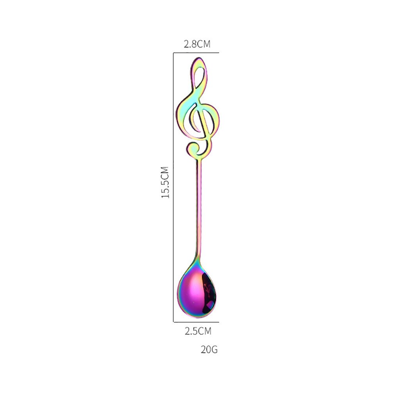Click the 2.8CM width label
point(197,44)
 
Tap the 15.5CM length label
point(166,183)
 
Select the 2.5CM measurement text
point(198,332)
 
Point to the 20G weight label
point(209,350)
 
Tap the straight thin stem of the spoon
point(199,207)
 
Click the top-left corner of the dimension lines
point(174,52)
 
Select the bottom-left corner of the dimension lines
point(174,322)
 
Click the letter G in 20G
point(214,350)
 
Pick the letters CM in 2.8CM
point(204,44)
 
